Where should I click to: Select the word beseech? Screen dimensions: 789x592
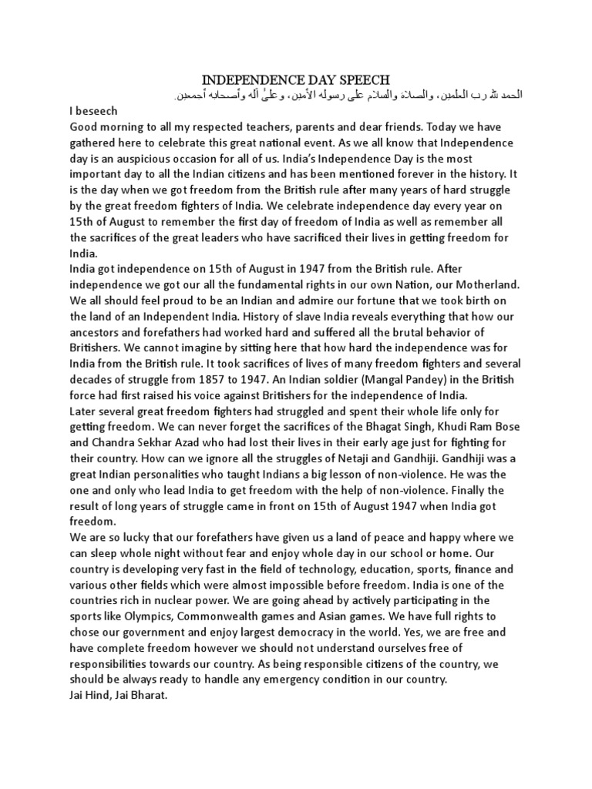coord(96,110)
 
